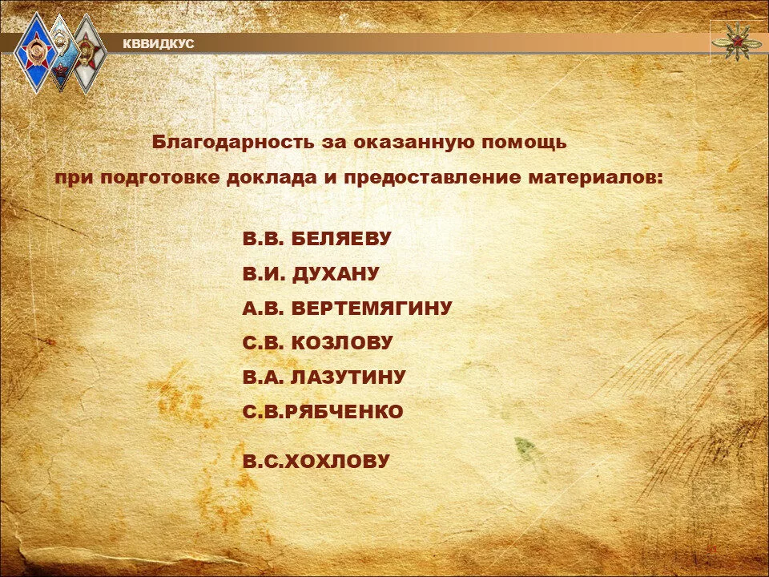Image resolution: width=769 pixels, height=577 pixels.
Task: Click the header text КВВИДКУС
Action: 159,44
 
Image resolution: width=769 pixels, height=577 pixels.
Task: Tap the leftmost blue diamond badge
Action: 36,53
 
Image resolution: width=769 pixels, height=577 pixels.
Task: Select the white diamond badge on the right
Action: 89,53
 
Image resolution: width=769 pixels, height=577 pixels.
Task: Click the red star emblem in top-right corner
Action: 735,42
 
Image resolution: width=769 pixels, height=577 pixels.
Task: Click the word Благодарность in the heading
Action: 233,143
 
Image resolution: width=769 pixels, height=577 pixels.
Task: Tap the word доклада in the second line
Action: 272,178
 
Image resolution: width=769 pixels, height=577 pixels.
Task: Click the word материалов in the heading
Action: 595,178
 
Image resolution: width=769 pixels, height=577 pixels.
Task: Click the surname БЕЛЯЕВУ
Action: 341,239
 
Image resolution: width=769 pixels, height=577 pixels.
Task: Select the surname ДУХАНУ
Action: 336,274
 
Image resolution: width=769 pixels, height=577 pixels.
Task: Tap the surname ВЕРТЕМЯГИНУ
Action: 372,308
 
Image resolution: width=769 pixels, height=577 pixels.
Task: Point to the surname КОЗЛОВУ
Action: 342,342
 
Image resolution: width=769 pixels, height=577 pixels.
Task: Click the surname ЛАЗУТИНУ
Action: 348,377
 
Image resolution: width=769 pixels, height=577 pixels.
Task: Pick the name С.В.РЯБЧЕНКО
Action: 323,412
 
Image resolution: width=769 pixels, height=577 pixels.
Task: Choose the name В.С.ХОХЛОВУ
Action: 316,462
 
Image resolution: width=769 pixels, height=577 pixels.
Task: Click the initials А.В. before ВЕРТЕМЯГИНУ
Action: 264,308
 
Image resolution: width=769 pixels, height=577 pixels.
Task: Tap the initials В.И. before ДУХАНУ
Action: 264,274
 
